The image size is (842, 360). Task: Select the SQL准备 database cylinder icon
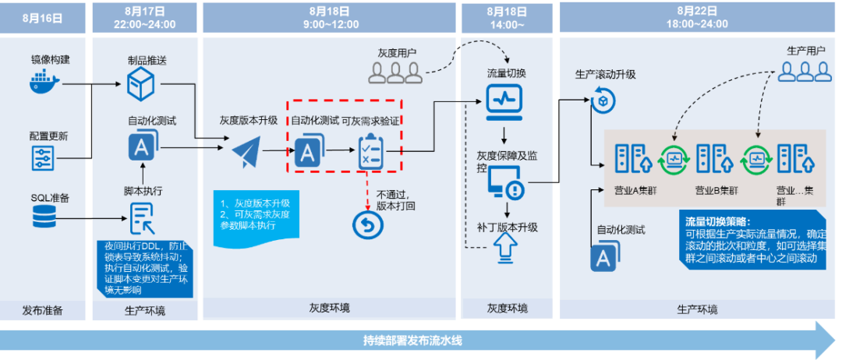click(x=44, y=218)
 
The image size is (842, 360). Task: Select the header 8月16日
click(x=43, y=17)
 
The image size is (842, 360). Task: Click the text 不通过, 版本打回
click(x=398, y=200)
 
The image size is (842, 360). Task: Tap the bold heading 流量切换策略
click(x=716, y=221)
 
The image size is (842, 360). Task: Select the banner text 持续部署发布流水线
click(x=417, y=341)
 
